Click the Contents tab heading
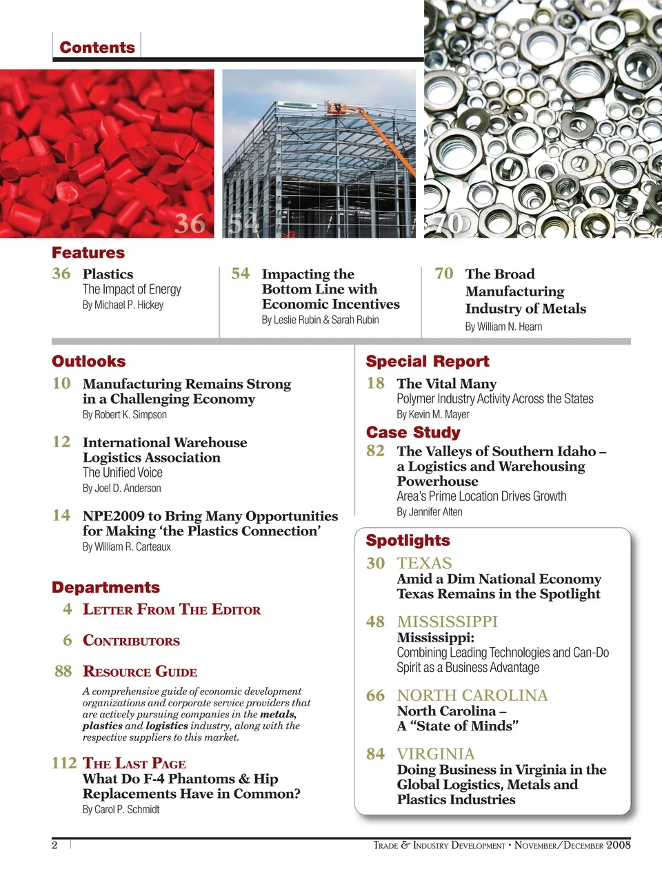coord(97,48)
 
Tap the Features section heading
coord(88,253)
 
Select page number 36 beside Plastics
coord(61,274)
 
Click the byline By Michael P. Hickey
coord(123,305)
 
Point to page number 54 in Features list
coord(240,274)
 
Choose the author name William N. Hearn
coord(511,327)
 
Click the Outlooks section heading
coord(89,361)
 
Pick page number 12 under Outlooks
coord(61,442)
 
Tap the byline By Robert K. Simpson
coord(125,414)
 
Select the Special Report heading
coord(427,361)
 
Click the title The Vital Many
coord(446,383)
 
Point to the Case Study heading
coord(413,432)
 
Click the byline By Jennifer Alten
coord(430,511)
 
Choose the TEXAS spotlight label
coord(424,563)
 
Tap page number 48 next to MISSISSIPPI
coord(375,622)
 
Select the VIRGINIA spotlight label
coord(436,754)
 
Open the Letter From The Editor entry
coord(172,609)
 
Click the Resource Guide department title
coord(140,671)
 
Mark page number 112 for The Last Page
coord(64,763)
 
